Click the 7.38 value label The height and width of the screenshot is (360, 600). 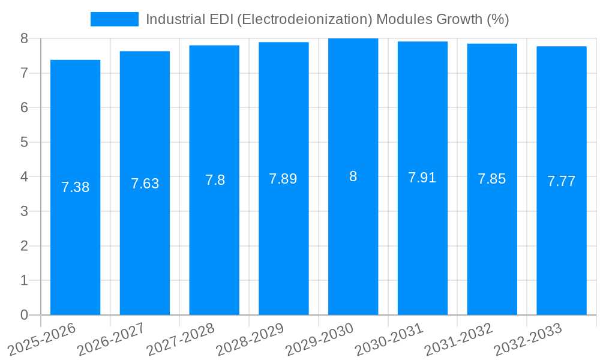tap(75, 187)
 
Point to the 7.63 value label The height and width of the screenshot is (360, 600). tap(145, 184)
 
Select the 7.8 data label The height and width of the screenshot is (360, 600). tap(215, 180)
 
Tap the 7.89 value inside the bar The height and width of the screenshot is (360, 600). tap(283, 179)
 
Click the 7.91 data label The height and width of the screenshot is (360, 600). tap(422, 178)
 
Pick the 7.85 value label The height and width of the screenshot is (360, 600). tap(491, 179)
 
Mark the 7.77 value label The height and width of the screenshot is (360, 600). tap(561, 181)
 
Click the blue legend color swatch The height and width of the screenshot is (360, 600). tap(114, 19)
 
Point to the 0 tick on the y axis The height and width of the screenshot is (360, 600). tap(24, 315)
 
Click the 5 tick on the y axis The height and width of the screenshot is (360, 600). tap(24, 142)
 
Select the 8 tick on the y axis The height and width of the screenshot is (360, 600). tap(24, 38)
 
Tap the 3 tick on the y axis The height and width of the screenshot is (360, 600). tap(24, 211)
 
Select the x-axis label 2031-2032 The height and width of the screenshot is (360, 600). tap(458, 339)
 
